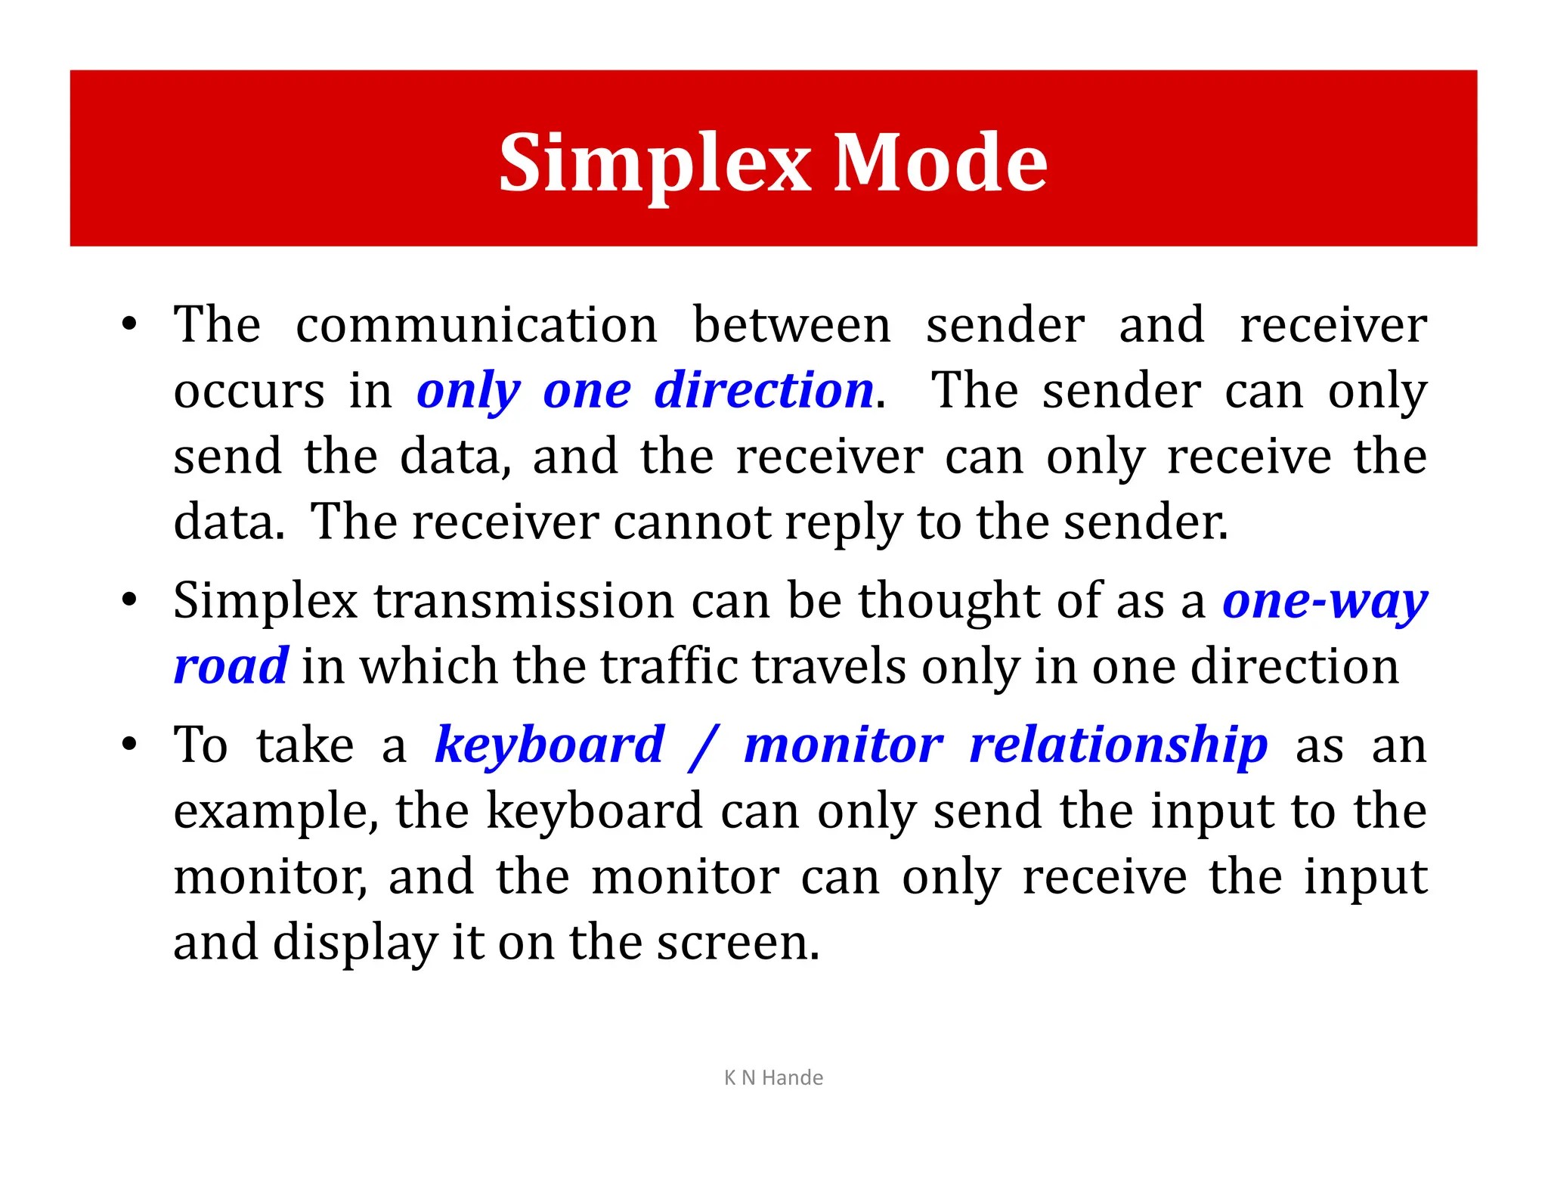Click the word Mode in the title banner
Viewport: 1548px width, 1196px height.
940,163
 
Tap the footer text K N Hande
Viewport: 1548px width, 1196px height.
773,1077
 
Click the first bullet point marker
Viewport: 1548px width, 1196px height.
130,325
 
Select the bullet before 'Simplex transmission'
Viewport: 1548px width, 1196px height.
130,601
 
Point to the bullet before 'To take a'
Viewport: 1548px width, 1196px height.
130,745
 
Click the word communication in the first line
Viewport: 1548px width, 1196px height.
476,325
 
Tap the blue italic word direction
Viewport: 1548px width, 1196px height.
764,391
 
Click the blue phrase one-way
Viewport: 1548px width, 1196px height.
1325,602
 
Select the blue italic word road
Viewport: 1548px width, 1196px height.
231,667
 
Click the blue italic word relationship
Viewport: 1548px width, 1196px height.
1118,745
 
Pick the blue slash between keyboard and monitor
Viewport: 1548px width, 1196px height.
704,747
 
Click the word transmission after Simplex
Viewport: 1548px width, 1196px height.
525,601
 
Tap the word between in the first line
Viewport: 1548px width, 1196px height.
791,325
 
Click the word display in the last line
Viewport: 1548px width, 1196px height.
355,943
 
